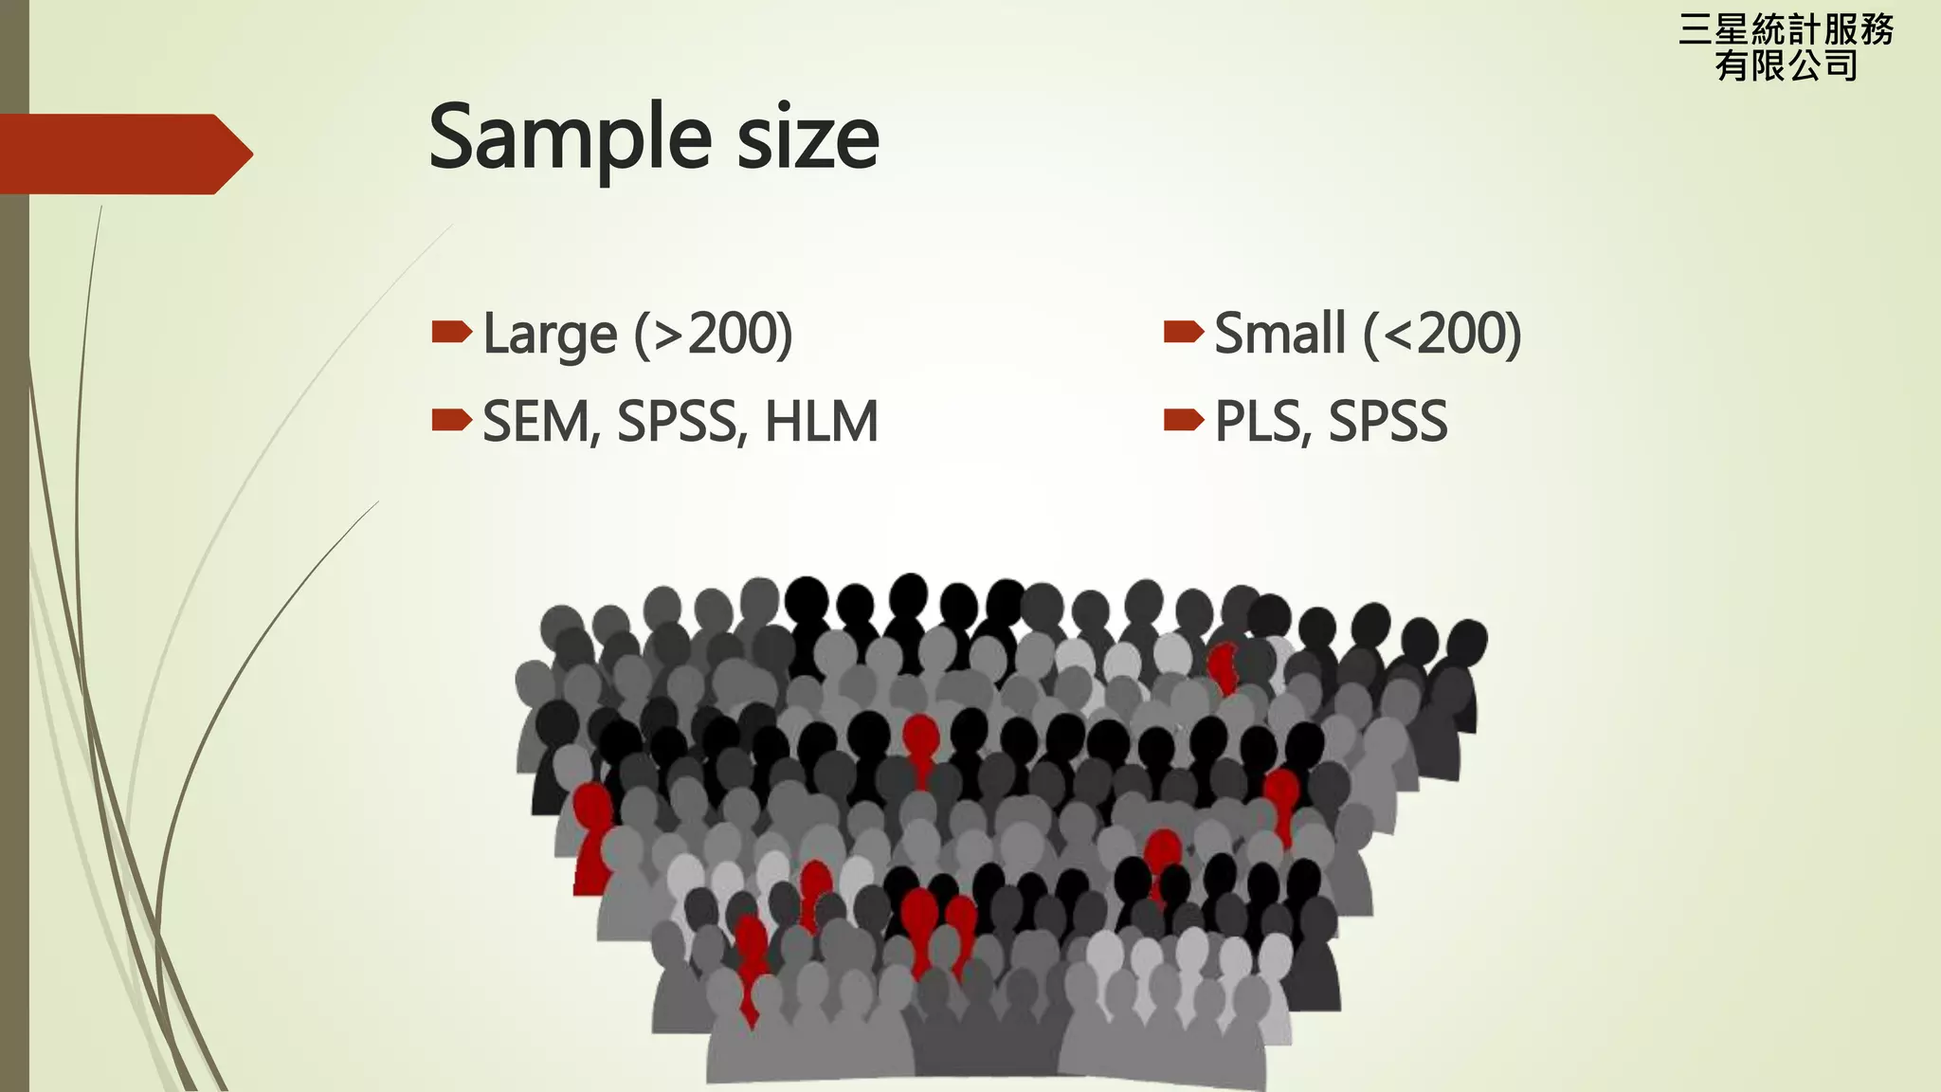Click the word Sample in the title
click(x=570, y=138)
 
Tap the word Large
click(x=550, y=334)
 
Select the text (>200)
click(x=713, y=334)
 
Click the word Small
click(x=1279, y=334)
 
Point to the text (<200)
click(x=1442, y=334)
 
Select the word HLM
click(x=821, y=422)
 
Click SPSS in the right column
click(x=1388, y=422)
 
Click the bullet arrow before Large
click(x=451, y=332)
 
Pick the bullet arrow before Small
click(x=1183, y=332)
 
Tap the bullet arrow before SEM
click(x=451, y=419)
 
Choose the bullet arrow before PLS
click(x=1183, y=419)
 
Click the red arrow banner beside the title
click(x=123, y=154)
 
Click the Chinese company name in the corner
click(x=1786, y=47)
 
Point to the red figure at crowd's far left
click(x=592, y=834)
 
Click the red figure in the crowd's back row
click(x=1224, y=665)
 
